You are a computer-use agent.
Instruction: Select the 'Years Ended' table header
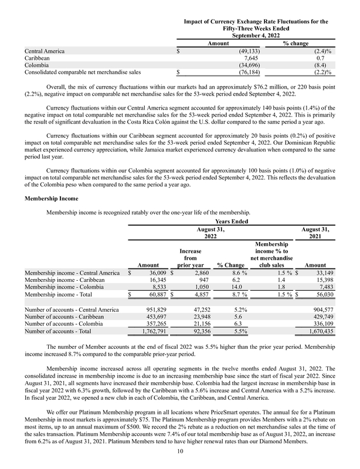point(233,221)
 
